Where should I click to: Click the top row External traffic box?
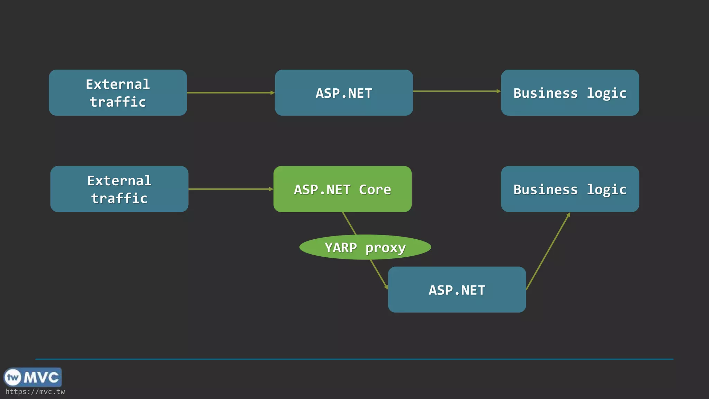tap(118, 93)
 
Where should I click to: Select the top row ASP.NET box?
tap(344, 93)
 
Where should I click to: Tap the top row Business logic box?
tap(570, 93)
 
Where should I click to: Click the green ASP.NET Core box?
tap(342, 189)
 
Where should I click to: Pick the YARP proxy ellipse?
tap(365, 247)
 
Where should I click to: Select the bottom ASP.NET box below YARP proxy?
tap(457, 290)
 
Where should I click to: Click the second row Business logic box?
tap(570, 189)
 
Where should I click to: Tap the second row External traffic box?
tap(119, 189)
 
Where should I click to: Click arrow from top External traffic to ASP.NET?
tap(230, 93)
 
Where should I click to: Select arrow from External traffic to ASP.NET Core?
tap(230, 189)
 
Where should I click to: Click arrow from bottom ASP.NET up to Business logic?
tap(548, 251)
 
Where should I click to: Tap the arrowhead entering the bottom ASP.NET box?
tap(386, 286)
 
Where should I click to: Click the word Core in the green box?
tap(375, 189)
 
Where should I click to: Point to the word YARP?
tap(341, 248)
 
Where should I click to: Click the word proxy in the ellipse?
tap(385, 248)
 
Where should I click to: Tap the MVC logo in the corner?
tap(33, 377)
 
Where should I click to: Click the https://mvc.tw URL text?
tap(35, 392)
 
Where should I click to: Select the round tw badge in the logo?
tap(13, 377)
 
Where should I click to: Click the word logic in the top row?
tap(606, 93)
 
